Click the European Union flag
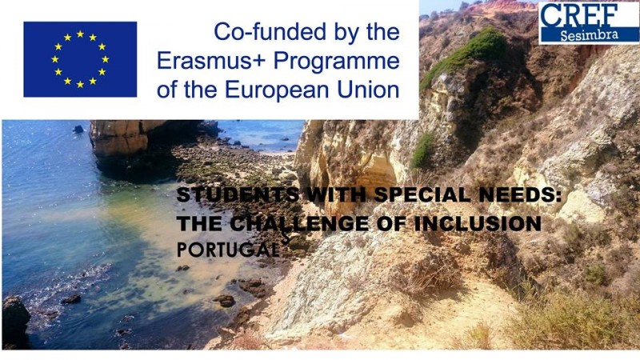(x=80, y=59)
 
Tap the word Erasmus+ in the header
(x=211, y=61)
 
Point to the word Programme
(x=336, y=62)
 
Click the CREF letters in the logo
(x=579, y=15)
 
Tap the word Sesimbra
(x=589, y=35)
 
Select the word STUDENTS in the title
(x=238, y=194)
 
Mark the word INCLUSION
(x=478, y=224)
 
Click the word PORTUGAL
(x=228, y=250)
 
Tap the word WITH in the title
(x=336, y=194)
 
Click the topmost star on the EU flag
(x=80, y=34)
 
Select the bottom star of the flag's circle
(x=80, y=85)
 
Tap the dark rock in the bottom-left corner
(x=14, y=322)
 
